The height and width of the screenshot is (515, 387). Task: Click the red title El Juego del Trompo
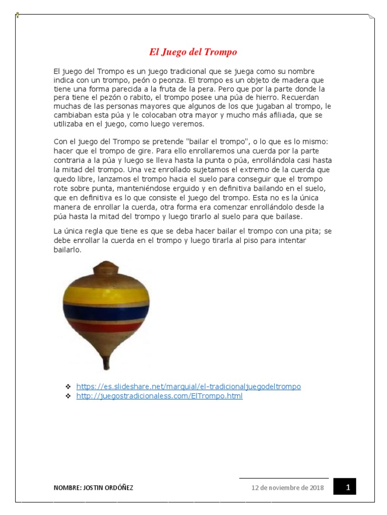[x=193, y=52]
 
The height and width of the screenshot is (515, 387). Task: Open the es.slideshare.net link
[x=188, y=386]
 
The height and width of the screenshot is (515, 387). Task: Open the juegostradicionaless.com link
[x=159, y=396]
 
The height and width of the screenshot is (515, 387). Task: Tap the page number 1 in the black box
[x=348, y=487]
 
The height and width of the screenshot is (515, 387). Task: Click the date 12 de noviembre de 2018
[x=288, y=487]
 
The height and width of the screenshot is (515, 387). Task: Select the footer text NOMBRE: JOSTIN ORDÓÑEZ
[x=94, y=488]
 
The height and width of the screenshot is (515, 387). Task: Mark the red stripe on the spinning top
[x=106, y=327]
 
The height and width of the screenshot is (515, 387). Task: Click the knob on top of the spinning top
[x=106, y=267]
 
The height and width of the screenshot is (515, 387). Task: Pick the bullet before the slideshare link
[x=68, y=386]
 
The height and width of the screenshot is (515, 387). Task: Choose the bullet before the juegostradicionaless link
[x=68, y=396]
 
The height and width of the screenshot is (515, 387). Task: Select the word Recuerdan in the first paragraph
[x=302, y=97]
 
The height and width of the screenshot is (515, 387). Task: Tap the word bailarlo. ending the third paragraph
[x=68, y=249]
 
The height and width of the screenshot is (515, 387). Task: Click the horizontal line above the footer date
[x=284, y=478]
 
